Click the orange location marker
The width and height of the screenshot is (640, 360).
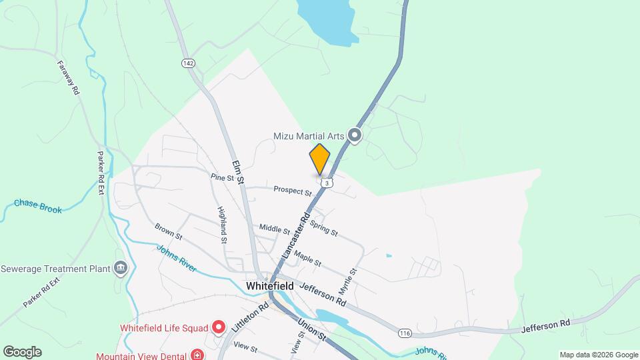pyautogui.click(x=319, y=159)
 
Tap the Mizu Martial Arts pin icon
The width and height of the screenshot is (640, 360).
pyautogui.click(x=355, y=136)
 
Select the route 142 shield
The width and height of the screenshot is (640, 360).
pyautogui.click(x=188, y=63)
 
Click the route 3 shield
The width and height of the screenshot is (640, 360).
pyautogui.click(x=325, y=182)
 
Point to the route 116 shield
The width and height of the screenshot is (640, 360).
pyautogui.click(x=404, y=333)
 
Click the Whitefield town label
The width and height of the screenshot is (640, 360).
pyautogui.click(x=271, y=285)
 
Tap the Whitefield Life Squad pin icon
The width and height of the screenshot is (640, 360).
pyautogui.click(x=218, y=327)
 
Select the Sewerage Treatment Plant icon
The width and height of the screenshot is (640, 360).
pyautogui.click(x=120, y=269)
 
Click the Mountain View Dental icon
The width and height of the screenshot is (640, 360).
pyautogui.click(x=197, y=354)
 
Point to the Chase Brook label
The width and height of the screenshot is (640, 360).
pyautogui.click(x=38, y=206)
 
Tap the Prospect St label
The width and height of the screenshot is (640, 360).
pyautogui.click(x=293, y=191)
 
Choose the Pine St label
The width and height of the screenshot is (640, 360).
pyautogui.click(x=222, y=178)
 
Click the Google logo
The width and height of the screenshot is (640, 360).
pyautogui.click(x=21, y=352)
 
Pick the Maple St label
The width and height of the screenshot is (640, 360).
pyautogui.click(x=308, y=259)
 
